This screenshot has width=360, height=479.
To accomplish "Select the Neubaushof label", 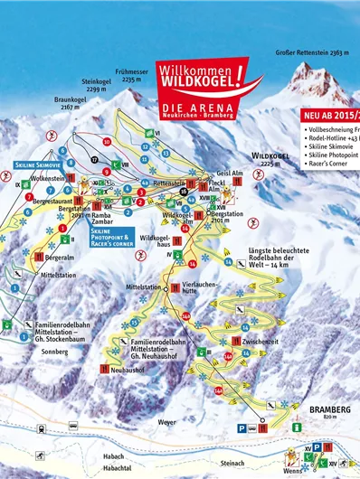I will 133,369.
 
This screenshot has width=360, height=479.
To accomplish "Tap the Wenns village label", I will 293,471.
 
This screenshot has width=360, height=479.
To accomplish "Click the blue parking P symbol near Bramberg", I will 241,428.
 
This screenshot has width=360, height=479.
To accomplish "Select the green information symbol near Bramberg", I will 297,426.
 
